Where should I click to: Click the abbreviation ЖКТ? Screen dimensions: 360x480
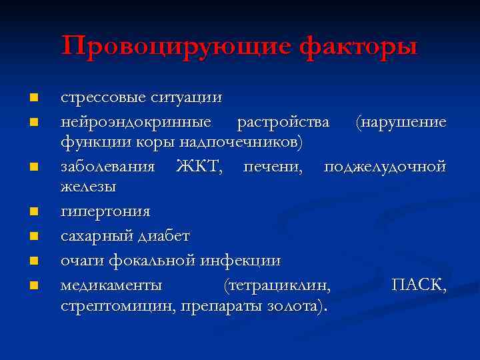click(199, 166)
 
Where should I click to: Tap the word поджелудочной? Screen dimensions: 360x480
click(385, 166)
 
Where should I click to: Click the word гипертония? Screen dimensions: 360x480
click(105, 211)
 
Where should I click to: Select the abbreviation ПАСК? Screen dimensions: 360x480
click(418, 285)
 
